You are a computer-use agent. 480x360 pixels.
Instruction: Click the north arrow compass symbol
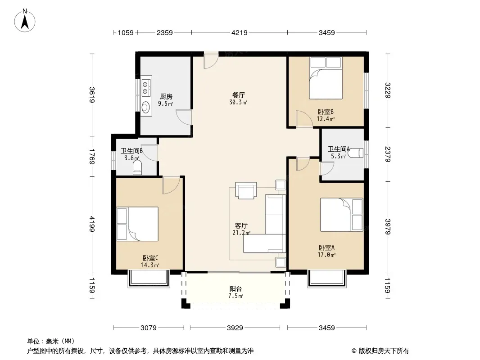click(x=25, y=21)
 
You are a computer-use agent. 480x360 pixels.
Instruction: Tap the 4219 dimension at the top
click(x=240, y=32)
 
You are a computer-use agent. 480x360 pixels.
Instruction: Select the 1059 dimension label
click(x=126, y=32)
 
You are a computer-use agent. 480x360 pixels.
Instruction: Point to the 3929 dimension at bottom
click(x=235, y=328)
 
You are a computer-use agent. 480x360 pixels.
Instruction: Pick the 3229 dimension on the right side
click(x=388, y=90)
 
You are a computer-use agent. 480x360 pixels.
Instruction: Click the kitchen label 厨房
click(x=166, y=97)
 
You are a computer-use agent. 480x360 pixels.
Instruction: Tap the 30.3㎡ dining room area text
click(x=238, y=102)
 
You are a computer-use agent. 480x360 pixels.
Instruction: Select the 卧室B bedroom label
click(x=326, y=112)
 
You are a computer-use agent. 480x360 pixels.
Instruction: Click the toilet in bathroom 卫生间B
click(x=137, y=167)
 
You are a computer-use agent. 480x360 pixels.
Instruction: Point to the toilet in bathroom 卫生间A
click(x=356, y=153)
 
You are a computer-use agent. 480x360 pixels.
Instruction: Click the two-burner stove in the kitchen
click(x=145, y=87)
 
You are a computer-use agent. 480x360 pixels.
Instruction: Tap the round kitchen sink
click(x=146, y=107)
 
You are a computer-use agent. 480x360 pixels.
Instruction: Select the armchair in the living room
click(x=246, y=190)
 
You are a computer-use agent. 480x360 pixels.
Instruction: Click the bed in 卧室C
click(x=137, y=224)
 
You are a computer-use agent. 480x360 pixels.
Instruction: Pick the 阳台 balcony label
click(x=235, y=288)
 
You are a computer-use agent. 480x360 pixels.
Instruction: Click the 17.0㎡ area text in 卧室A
click(x=326, y=255)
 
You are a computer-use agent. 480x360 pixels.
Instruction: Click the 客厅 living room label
click(x=241, y=226)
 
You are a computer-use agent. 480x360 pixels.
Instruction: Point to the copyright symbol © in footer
click(x=354, y=351)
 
